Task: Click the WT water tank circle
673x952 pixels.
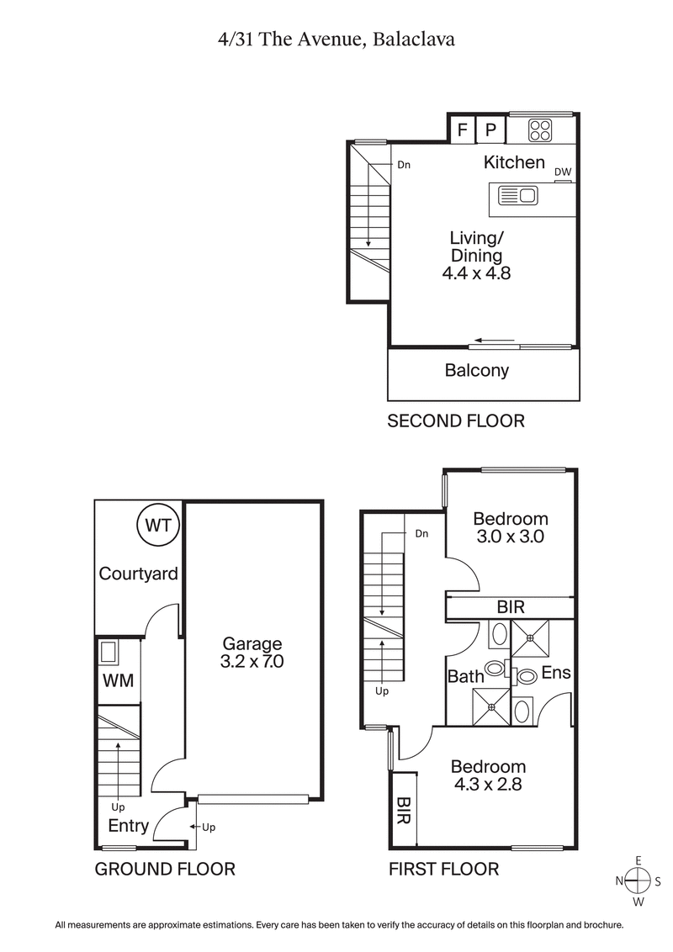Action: [x=158, y=526]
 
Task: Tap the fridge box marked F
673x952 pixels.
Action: [x=461, y=130]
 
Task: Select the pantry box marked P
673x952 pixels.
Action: [x=491, y=130]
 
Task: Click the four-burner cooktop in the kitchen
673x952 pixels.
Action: [x=539, y=130]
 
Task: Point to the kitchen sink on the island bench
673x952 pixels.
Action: [x=517, y=196]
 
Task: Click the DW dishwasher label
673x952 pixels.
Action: [x=563, y=172]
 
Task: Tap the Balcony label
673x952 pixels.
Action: [x=477, y=370]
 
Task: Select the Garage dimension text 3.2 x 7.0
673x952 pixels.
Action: [x=252, y=661]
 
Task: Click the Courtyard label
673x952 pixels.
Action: [x=139, y=574]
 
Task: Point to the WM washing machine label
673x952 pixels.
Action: [x=119, y=680]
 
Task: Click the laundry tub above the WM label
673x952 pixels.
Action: [x=108, y=652]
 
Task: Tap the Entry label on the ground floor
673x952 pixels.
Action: [x=129, y=826]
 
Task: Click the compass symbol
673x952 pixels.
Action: [x=639, y=881]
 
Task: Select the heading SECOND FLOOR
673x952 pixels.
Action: [x=455, y=420]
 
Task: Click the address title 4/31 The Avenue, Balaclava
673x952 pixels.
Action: [x=336, y=40]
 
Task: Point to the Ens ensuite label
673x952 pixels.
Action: [x=555, y=673]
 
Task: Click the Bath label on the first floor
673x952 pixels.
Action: [x=465, y=675]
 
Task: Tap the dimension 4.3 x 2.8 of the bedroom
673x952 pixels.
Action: [x=488, y=785]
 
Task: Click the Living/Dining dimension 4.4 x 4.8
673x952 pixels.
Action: [x=476, y=272]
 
